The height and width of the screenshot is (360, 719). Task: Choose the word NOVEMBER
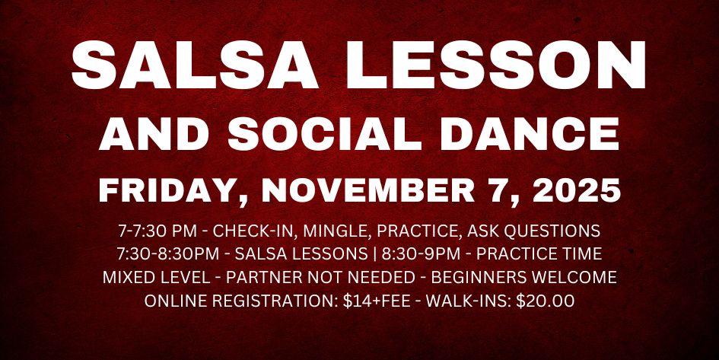click(369, 190)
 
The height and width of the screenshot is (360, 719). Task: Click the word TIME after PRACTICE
click(581, 253)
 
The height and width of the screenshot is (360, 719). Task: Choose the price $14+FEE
click(377, 301)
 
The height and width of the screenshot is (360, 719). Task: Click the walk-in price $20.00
click(545, 301)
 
